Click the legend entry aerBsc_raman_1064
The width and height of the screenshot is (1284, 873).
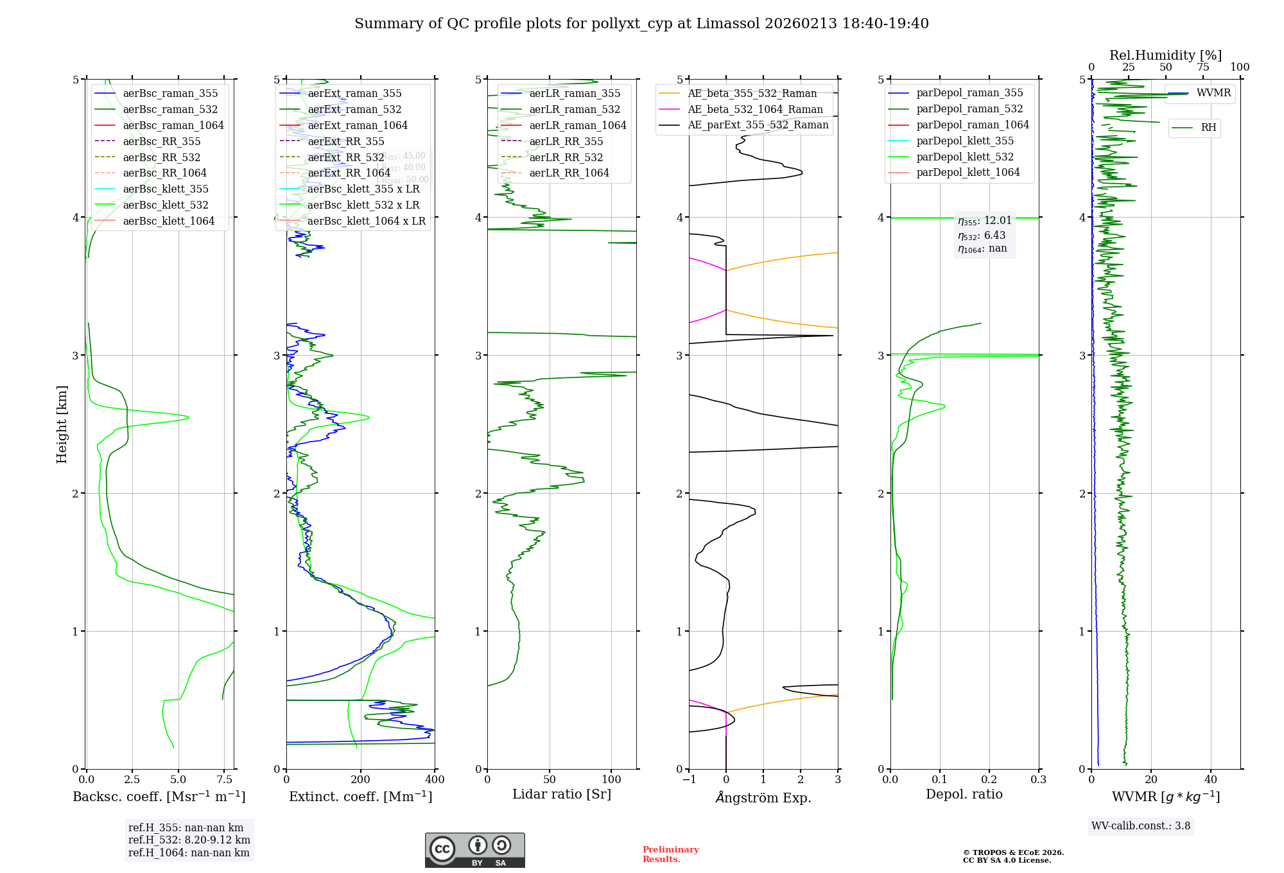[173, 126]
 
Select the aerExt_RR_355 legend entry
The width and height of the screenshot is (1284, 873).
[346, 141]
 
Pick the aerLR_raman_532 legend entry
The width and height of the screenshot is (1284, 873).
[575, 110]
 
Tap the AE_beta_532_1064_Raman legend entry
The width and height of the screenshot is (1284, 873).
[755, 110]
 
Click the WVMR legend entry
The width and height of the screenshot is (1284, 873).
[1213, 93]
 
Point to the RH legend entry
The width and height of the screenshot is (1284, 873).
[1208, 128]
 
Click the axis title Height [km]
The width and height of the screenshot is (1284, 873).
[62, 424]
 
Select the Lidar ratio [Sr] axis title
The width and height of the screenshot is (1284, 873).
[562, 795]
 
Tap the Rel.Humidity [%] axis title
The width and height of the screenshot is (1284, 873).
[1165, 55]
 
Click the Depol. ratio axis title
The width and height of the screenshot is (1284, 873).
[964, 795]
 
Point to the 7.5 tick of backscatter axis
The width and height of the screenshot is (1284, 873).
[224, 780]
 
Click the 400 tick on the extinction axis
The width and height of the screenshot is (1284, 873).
[435, 780]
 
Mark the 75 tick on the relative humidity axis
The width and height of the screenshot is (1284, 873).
[1202, 67]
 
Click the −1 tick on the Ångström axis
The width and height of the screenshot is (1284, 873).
[688, 780]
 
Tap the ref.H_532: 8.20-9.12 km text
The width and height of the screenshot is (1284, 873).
[189, 840]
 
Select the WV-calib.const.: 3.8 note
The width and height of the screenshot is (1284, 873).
[1141, 826]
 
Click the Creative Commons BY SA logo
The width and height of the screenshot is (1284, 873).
[474, 851]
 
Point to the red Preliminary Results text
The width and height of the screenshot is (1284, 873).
[670, 854]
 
